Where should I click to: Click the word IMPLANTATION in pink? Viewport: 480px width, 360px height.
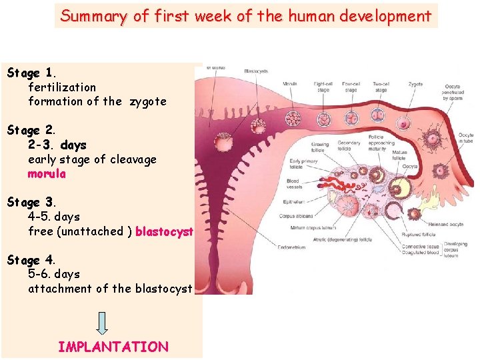(x=113, y=347)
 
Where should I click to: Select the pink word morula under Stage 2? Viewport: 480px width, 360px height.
(x=47, y=174)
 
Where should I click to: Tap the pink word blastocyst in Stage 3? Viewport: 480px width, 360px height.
(x=164, y=231)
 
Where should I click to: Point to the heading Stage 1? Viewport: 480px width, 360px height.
(x=33, y=73)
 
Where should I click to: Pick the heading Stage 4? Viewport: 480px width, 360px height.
(x=33, y=260)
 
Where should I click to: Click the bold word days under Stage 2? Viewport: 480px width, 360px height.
(x=73, y=145)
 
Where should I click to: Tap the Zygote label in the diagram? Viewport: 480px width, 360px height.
(x=415, y=85)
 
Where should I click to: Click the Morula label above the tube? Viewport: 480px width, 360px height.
(x=290, y=85)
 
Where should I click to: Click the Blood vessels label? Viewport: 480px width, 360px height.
(x=293, y=183)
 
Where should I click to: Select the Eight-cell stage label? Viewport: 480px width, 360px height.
(x=323, y=87)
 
